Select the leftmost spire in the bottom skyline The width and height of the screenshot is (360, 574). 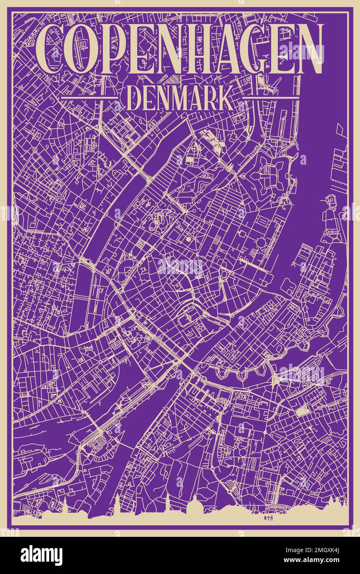(65, 503)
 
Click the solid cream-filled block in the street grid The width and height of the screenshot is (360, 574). (303, 410)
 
